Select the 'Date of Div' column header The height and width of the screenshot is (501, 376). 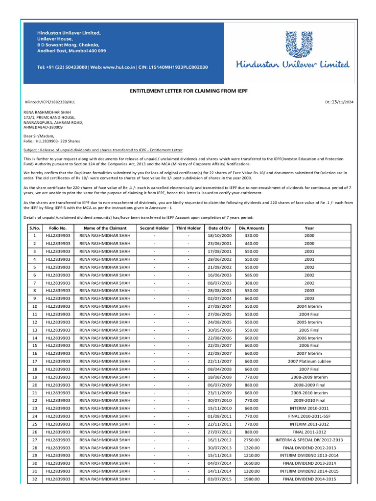click(219, 228)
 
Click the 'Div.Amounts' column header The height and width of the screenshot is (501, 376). click(252, 228)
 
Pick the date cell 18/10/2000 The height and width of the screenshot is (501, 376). click(219, 236)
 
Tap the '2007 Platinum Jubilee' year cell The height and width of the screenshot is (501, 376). click(309, 362)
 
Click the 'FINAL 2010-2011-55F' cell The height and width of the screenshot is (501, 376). click(309, 416)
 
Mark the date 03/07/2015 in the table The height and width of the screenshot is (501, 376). click(219, 479)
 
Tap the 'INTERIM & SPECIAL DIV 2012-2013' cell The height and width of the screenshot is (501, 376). click(309, 440)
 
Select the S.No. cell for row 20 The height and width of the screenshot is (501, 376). click(35, 385)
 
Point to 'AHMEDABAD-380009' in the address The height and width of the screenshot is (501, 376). click(43, 126)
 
